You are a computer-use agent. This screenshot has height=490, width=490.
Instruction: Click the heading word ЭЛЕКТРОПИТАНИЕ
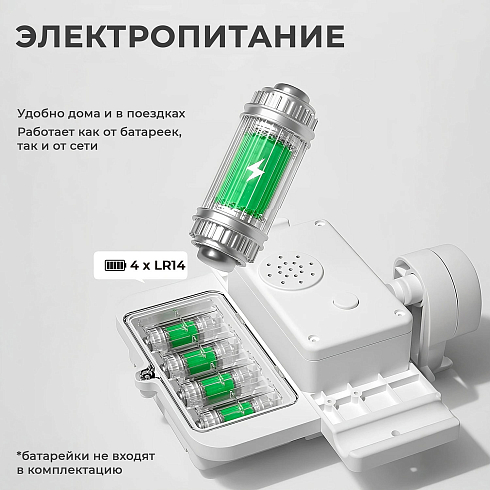click(180, 36)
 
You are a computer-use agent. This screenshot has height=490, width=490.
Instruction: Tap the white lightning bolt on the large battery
click(256, 170)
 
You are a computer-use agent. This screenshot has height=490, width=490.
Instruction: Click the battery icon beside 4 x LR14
click(115, 266)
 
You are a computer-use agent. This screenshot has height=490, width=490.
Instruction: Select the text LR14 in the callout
click(170, 266)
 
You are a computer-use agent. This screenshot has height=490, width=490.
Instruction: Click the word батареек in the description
click(151, 132)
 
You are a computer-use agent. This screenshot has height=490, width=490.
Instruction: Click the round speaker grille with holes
click(291, 270)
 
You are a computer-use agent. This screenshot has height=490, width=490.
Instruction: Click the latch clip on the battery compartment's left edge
click(145, 374)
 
